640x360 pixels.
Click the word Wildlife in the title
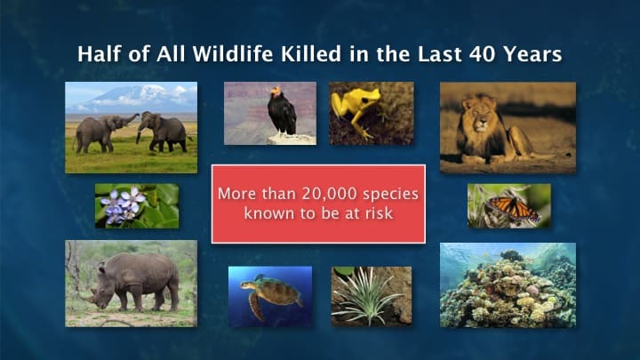[233, 54]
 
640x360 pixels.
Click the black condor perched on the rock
[281, 111]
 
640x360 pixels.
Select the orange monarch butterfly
[513, 207]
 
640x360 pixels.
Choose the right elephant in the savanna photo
[164, 131]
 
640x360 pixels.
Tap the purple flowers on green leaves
[123, 204]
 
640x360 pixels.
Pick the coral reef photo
[508, 285]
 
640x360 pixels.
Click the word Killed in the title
[311, 54]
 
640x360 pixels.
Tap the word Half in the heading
[100, 54]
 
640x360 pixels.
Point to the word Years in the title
[532, 54]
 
